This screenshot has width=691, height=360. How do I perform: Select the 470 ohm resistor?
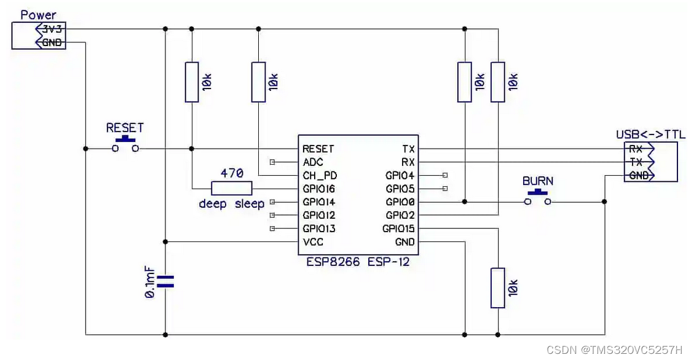coord(232,189)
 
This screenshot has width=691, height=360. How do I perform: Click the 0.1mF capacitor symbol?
coord(165,282)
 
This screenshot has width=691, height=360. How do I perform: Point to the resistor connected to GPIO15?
coord(497,288)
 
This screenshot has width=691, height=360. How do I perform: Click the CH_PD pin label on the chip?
coord(320,176)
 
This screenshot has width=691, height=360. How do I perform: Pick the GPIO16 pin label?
coord(318,189)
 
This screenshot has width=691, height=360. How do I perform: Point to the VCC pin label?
coord(313,242)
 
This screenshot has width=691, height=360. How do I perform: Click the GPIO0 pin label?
coord(400,202)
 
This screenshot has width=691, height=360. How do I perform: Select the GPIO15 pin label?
coord(398,229)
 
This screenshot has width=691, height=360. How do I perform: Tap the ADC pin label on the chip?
coord(313,162)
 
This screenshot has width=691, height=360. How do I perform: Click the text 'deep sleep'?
coord(231,204)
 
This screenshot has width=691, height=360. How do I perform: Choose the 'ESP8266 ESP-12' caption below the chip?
coord(358,262)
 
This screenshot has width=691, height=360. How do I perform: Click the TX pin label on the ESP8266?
coord(408,149)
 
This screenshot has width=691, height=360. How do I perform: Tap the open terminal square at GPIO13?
coord(272,229)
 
